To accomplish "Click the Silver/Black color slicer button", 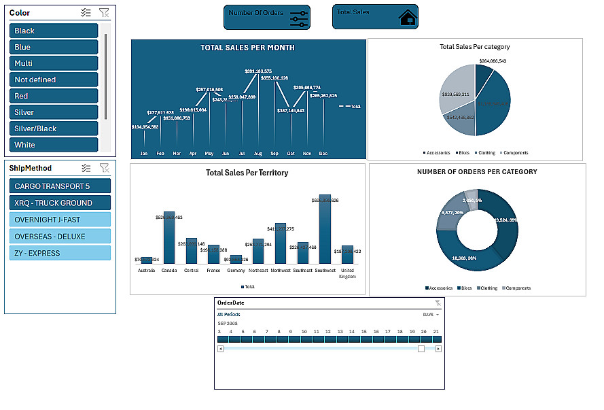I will click(x=54, y=129).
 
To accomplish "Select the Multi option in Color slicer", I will click(x=54, y=63).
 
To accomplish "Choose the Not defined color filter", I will click(x=54, y=80).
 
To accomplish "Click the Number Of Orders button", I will click(x=266, y=17).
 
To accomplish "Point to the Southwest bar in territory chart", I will click(x=325, y=229).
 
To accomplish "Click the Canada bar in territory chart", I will click(x=169, y=238).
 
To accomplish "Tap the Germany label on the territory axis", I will click(x=236, y=271).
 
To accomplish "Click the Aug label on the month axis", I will click(x=258, y=154).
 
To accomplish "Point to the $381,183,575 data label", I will click(x=258, y=71).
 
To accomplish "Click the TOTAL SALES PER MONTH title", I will click(x=248, y=48).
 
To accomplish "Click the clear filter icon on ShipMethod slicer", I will click(x=104, y=168).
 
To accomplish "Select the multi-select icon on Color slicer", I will click(x=86, y=12).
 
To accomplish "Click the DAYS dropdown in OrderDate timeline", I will click(x=431, y=315).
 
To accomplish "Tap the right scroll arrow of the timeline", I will click(x=438, y=349).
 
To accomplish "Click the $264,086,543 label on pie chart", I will click(x=493, y=61).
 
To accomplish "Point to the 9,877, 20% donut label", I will click(x=452, y=213).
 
